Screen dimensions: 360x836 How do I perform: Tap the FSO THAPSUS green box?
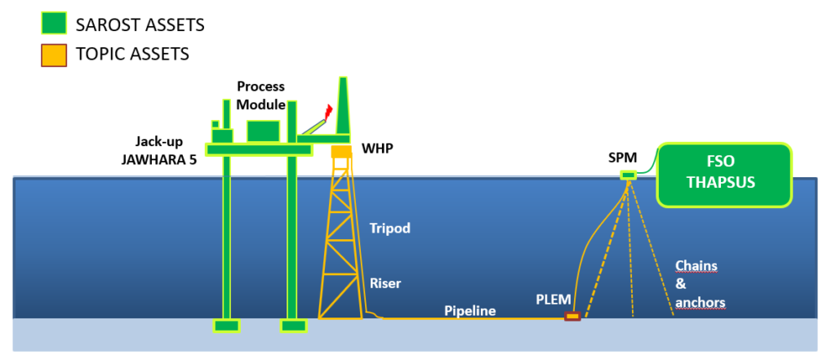pos(725,175)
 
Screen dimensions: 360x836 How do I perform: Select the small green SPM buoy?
pos(628,175)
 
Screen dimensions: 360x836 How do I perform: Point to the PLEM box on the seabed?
pos(572,316)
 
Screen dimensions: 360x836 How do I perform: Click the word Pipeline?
pos(469,311)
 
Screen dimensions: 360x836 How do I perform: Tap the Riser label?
pos(385,283)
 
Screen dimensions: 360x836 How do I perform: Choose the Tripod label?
pos(389,229)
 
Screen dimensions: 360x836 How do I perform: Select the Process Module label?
pos(261,96)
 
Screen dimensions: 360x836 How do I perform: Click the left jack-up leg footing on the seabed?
pos(226,326)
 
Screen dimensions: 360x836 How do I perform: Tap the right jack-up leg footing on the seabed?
pos(293,326)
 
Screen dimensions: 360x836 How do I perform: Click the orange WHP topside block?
pos(340,152)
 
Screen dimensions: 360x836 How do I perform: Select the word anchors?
pos(700,302)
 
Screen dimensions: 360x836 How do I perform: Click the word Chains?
pos(695,266)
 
